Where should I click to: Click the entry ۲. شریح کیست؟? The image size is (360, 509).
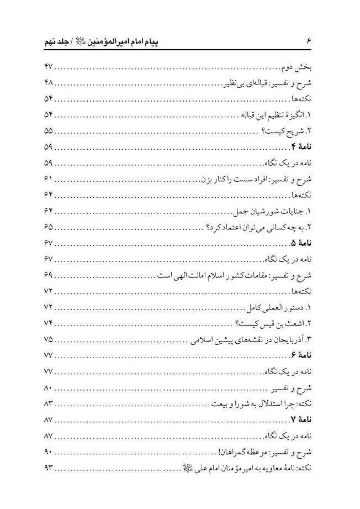[288, 132]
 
